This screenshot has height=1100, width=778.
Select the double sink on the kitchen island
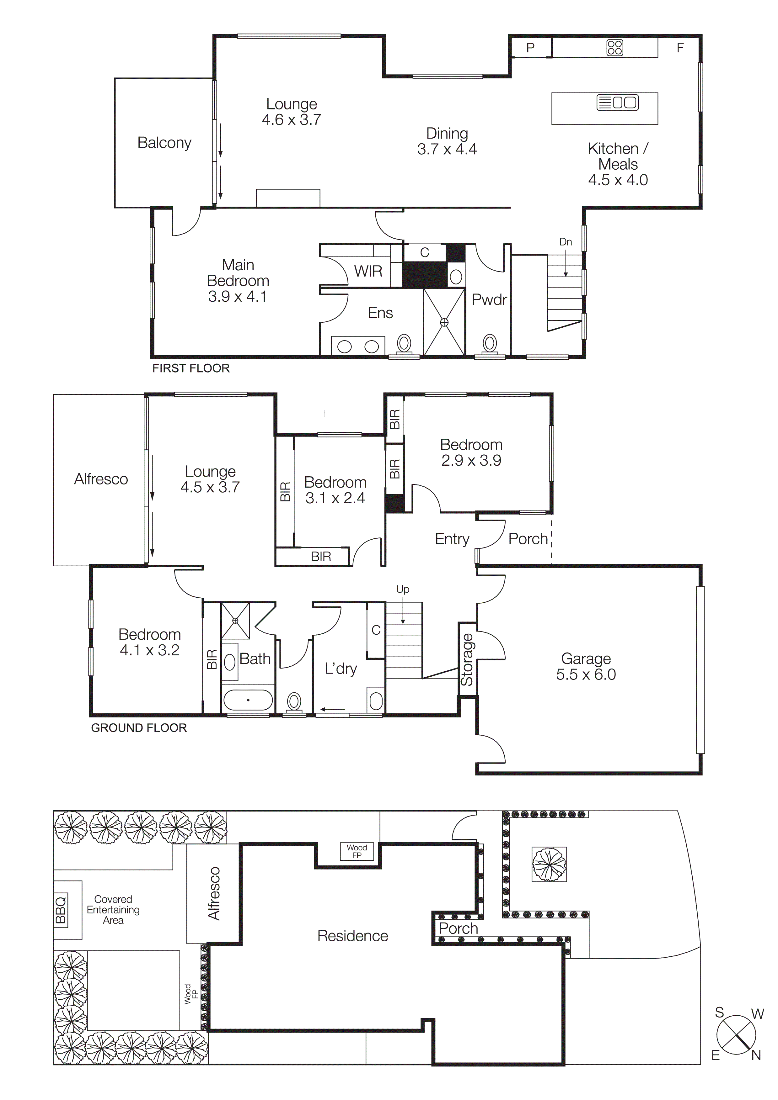pos(617,103)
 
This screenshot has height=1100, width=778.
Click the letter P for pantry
pos(530,48)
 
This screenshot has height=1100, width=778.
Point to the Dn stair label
pos(565,242)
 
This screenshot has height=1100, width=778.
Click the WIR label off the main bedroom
pos(368,271)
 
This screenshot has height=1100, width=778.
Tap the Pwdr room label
pos(489,300)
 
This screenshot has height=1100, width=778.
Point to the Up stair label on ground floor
pos(403,589)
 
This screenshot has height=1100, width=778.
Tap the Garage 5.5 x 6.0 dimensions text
pos(586,674)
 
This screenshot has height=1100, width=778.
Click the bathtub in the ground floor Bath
pos(248,700)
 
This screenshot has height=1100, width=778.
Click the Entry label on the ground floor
pos(452,539)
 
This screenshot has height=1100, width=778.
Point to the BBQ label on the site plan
pos(61,910)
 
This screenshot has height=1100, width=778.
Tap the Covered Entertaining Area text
pos(113,909)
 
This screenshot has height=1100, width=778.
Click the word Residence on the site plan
pos(352,936)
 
